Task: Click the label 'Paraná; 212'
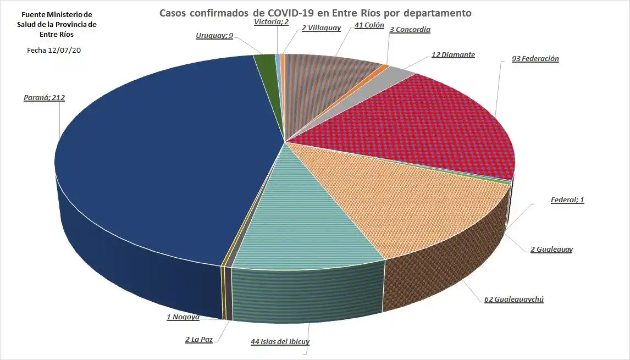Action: click(44, 98)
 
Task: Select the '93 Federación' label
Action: click(535, 58)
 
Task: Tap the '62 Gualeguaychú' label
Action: click(513, 300)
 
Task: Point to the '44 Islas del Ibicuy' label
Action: click(280, 342)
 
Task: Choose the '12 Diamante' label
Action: click(453, 55)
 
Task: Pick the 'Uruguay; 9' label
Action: click(214, 36)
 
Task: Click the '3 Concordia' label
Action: click(410, 30)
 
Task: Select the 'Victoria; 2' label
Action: click(272, 22)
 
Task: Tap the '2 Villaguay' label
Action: click(321, 27)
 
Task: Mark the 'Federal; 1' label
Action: click(567, 200)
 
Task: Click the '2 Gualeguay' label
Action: click(551, 250)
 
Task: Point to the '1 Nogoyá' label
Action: click(183, 317)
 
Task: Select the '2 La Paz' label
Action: click(199, 340)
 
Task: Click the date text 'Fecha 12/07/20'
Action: click(54, 50)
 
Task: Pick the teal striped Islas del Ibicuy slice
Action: click(308, 214)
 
